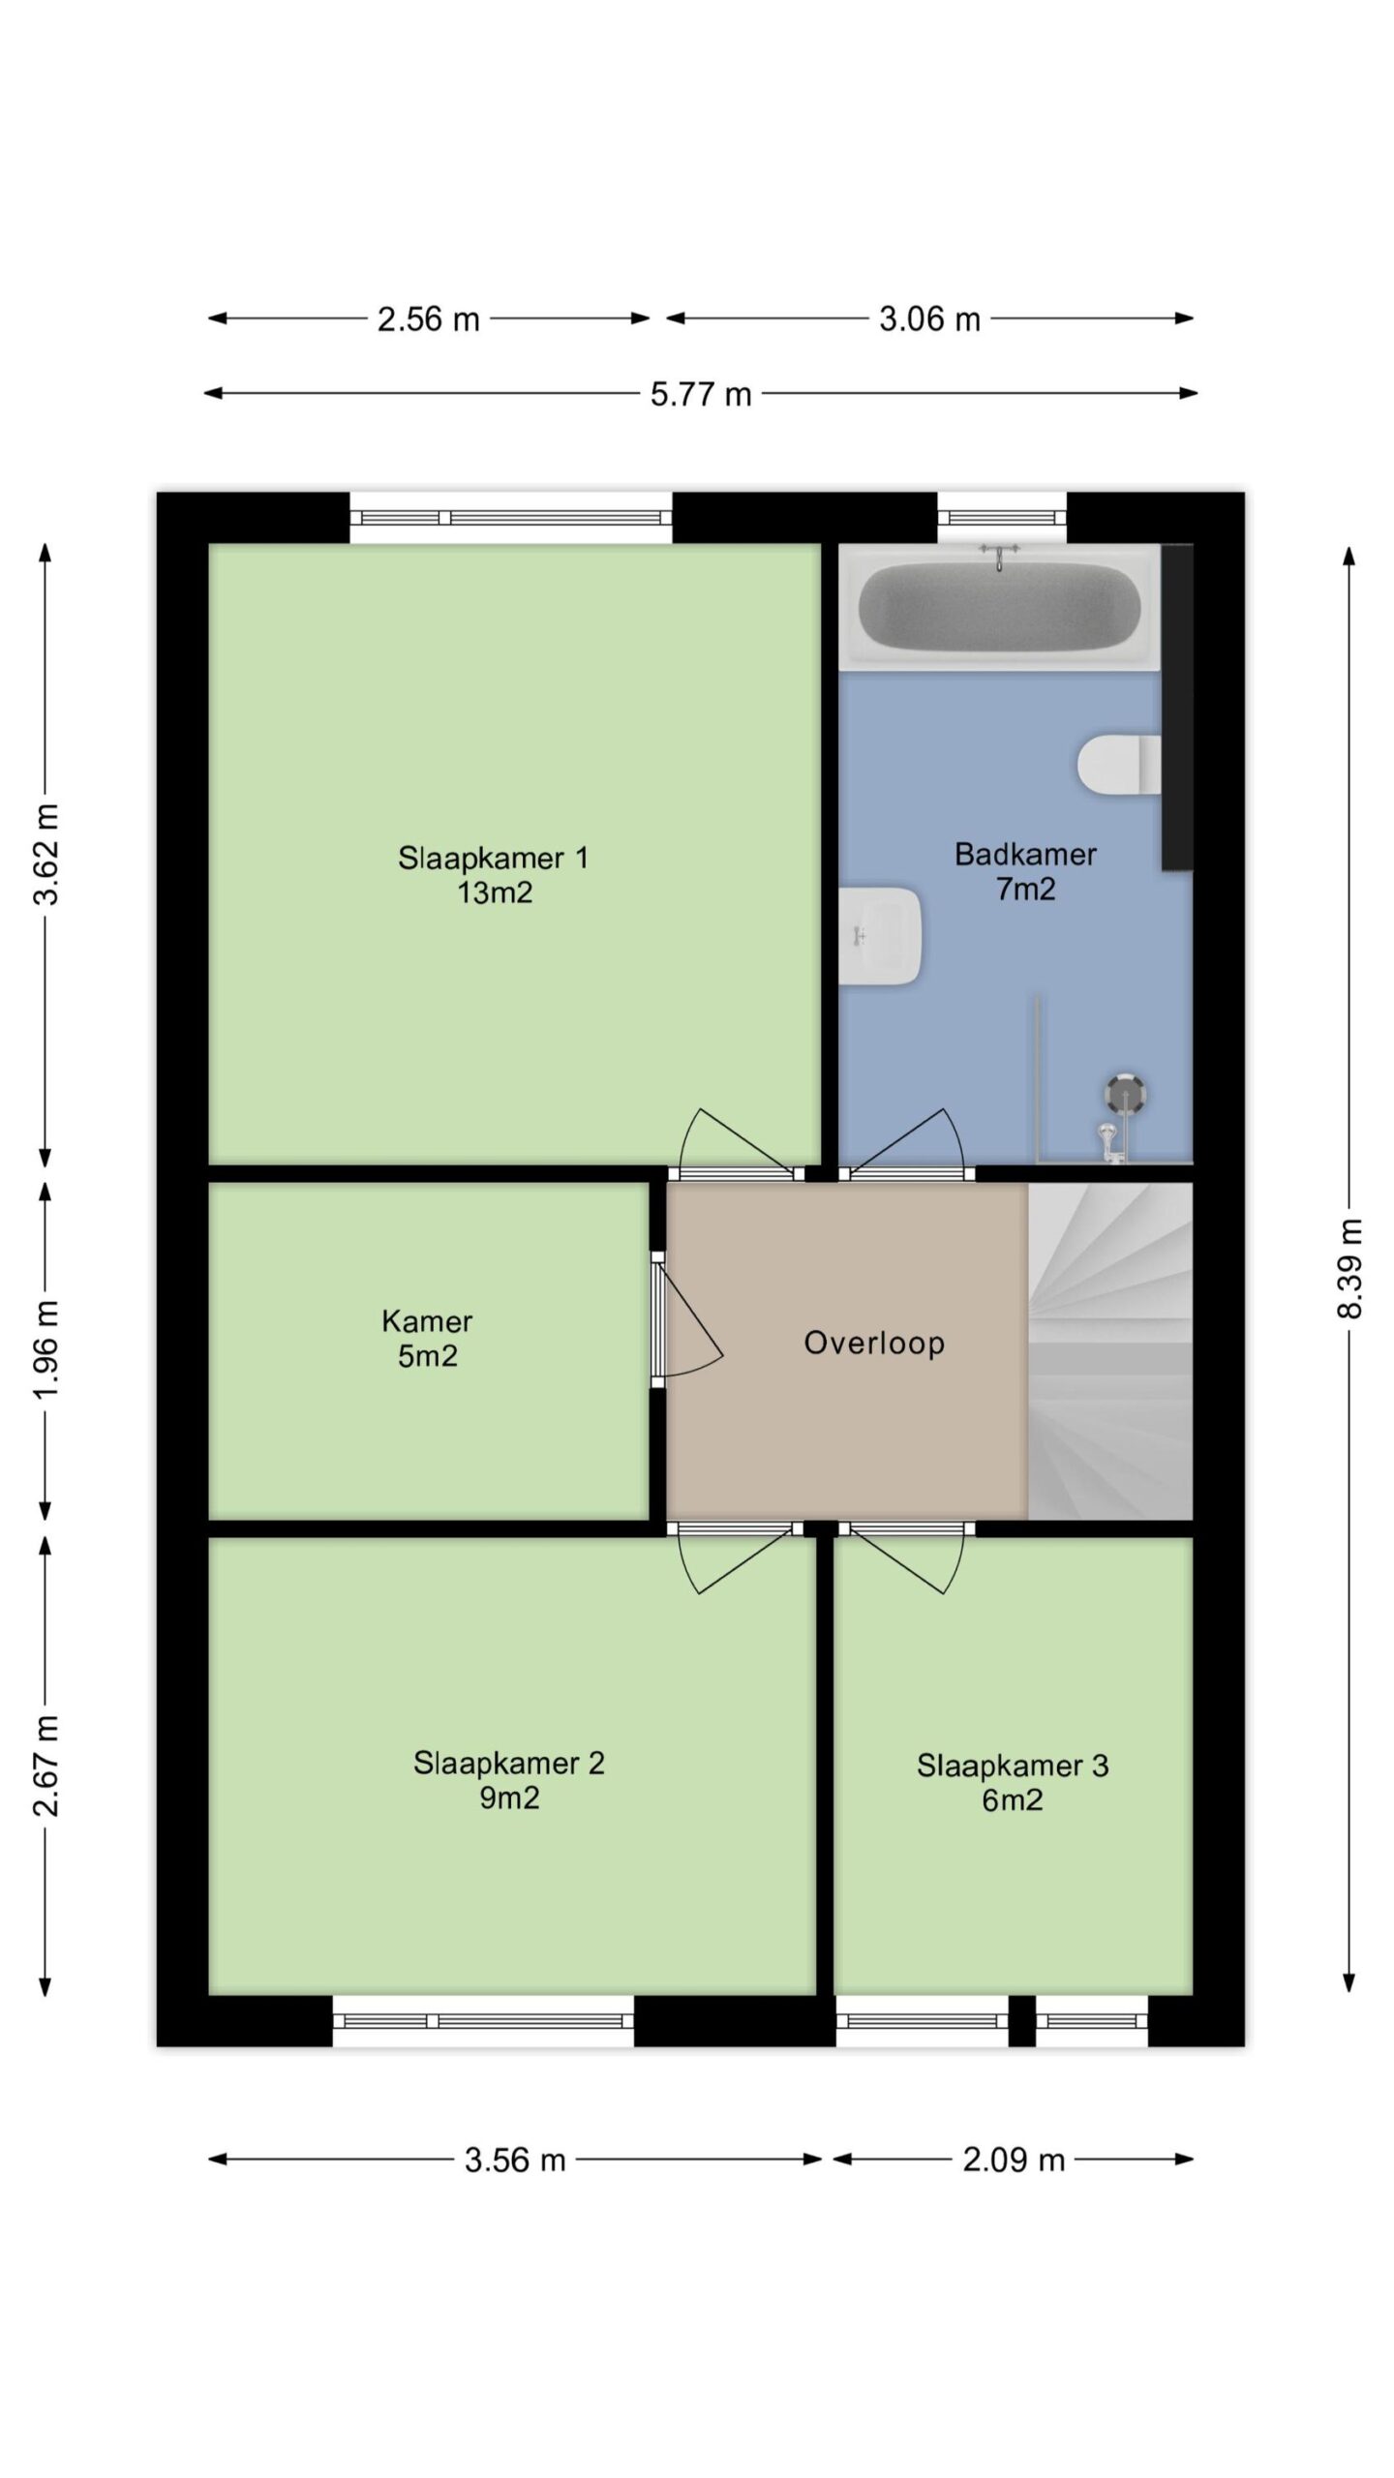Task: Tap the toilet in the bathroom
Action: pos(1119,765)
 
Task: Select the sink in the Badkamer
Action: pos(879,936)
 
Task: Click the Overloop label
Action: pos(874,1343)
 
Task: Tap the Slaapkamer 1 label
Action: pos(494,858)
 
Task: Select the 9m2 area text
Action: pos(509,1797)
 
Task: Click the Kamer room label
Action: pos(427,1320)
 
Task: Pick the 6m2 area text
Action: pos(1013,1799)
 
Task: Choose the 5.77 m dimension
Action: pos(701,394)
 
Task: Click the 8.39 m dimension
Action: pos(1349,1269)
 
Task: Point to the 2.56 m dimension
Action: pos(429,318)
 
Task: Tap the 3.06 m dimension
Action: pos(929,318)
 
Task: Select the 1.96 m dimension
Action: pos(45,1348)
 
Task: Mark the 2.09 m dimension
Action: pos(1014,2160)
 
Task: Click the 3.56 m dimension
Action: pos(515,2160)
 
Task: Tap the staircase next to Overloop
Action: pos(1109,1350)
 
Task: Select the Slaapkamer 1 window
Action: pos(510,517)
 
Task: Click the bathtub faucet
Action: pos(999,556)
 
